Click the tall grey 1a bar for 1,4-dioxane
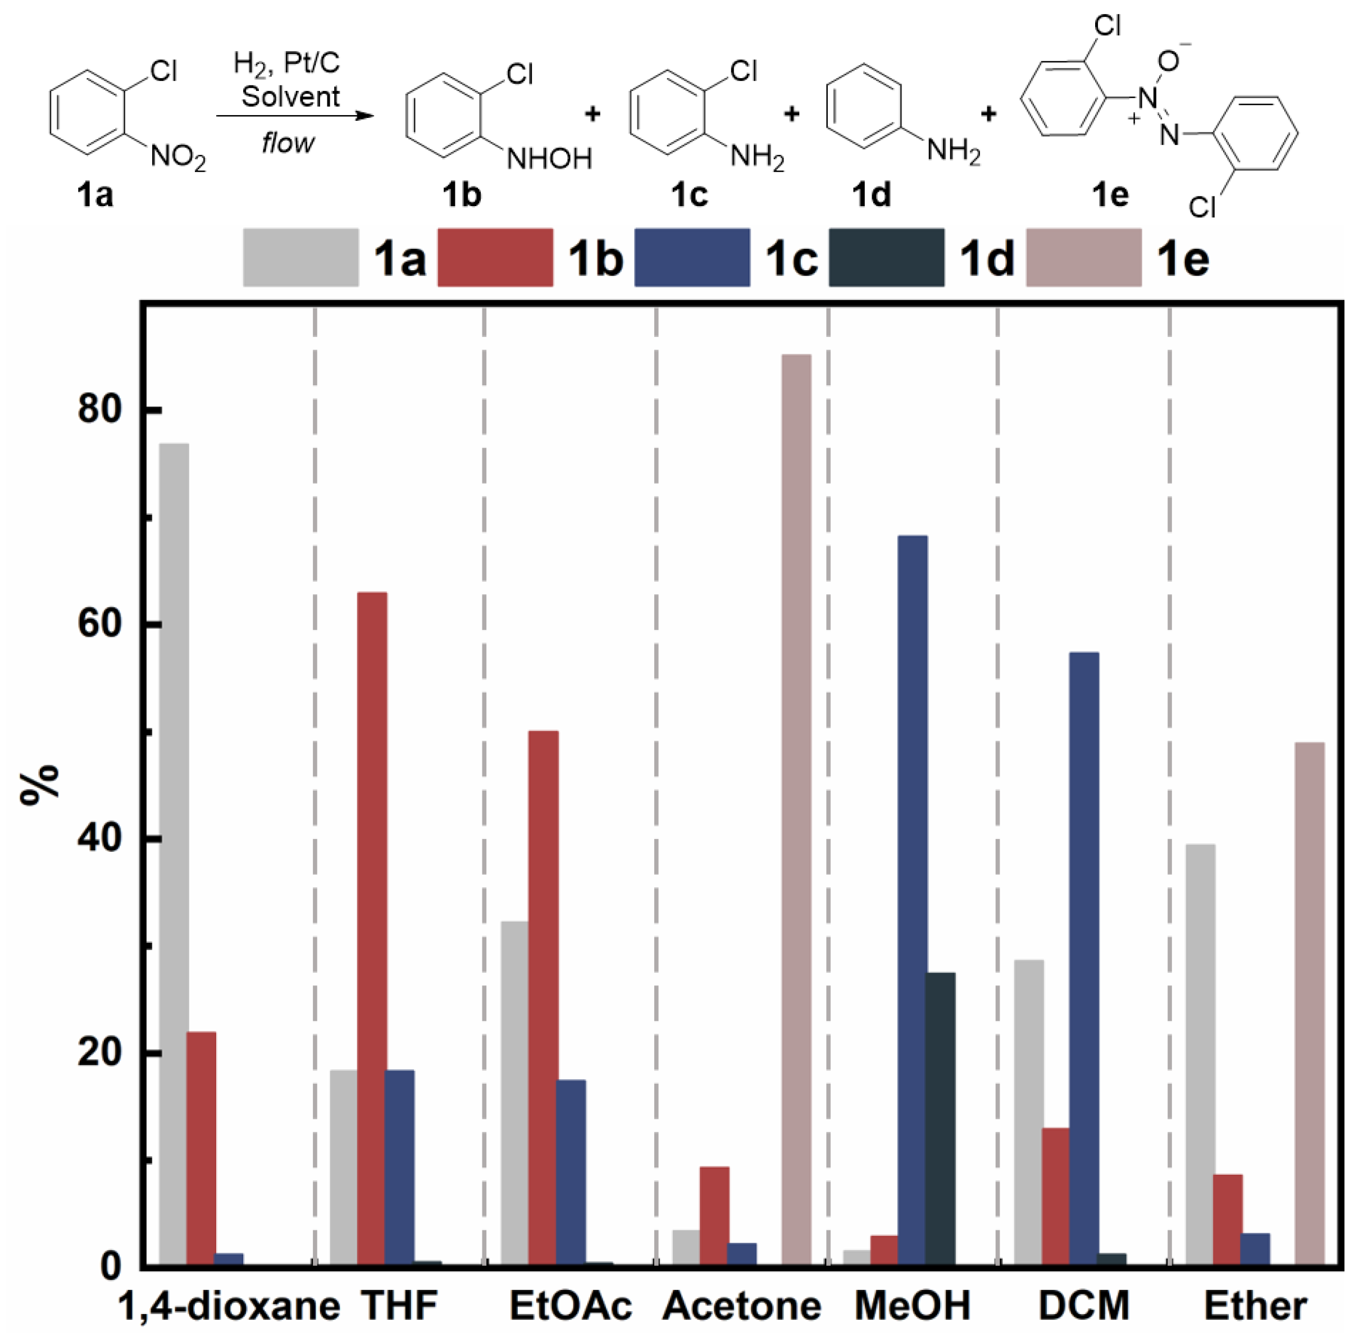(174, 852)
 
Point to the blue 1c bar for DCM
(1083, 958)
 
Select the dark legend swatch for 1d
(886, 257)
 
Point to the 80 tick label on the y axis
(99, 408)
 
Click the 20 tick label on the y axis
(99, 1052)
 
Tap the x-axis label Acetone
(742, 1306)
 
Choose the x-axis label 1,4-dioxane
(229, 1306)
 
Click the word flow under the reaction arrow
(288, 144)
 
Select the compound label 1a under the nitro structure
(95, 194)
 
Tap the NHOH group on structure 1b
(549, 159)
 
